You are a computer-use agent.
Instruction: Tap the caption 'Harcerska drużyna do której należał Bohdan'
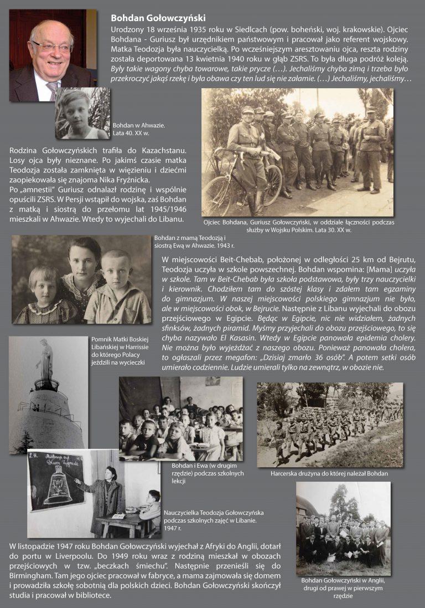tap(329, 474)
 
